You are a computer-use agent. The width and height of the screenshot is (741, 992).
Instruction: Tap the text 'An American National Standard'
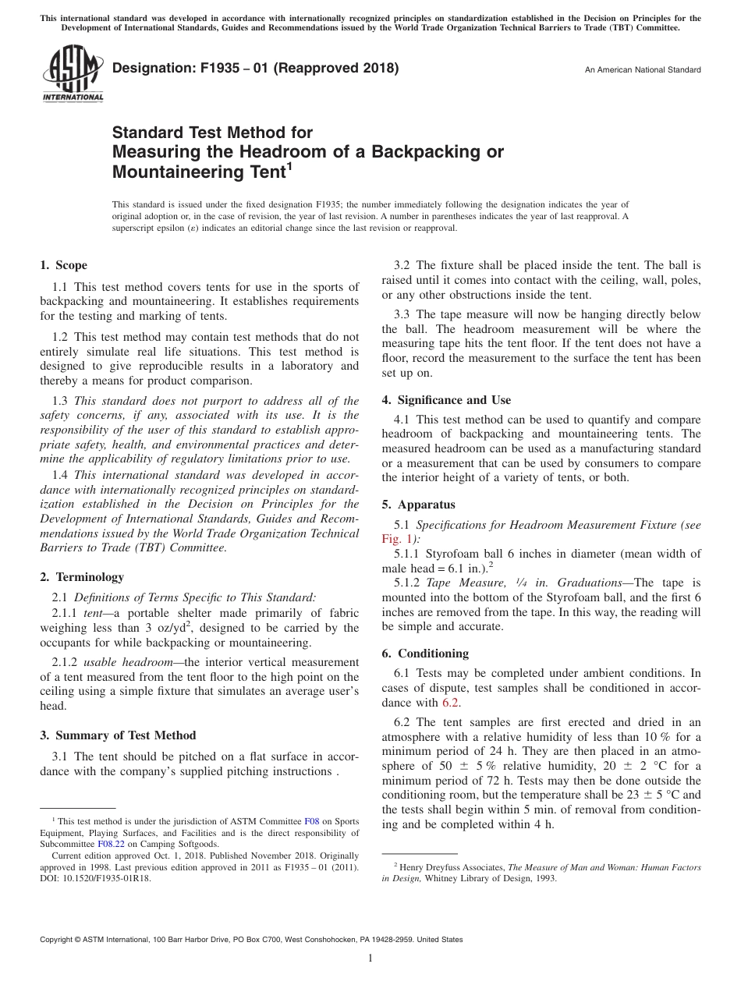[642, 70]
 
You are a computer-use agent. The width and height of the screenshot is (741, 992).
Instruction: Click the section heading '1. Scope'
[63, 265]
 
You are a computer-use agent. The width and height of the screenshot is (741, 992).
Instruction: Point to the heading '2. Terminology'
[81, 577]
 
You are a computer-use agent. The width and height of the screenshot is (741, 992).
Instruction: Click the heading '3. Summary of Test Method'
[118, 735]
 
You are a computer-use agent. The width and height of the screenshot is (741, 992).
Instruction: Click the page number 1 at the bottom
[370, 958]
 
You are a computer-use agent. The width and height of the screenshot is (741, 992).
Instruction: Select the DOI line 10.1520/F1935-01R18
[96, 877]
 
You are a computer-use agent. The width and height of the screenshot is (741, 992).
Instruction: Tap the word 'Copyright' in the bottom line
[58, 940]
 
